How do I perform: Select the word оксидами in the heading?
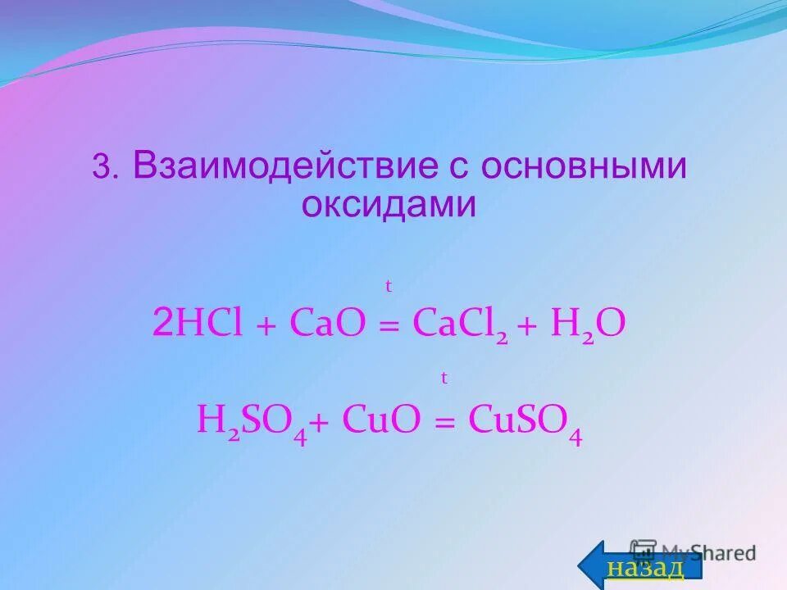[x=388, y=204]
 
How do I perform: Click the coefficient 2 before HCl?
[x=161, y=324]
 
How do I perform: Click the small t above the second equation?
[x=444, y=378]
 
